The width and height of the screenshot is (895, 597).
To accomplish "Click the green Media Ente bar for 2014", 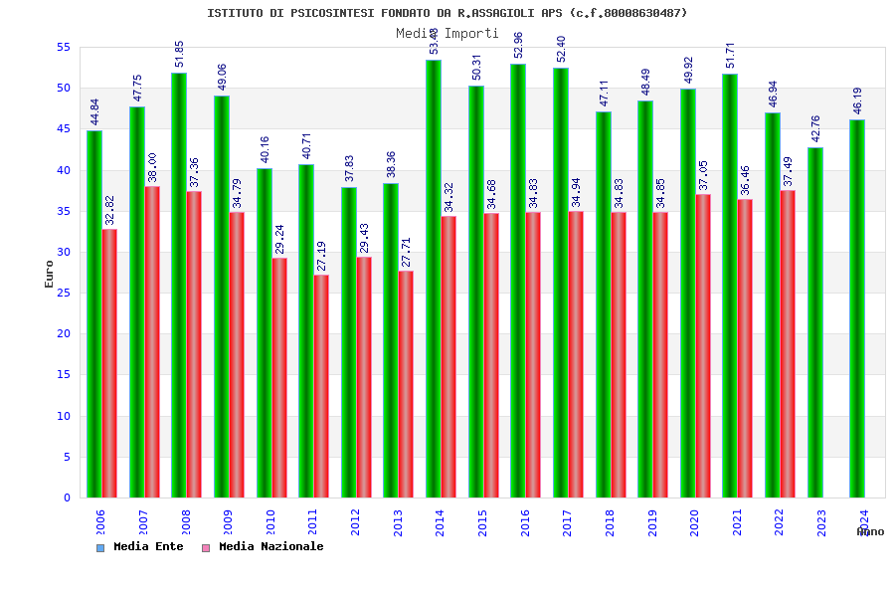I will (434, 279).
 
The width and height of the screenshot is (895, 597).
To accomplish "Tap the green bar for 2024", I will (857, 308).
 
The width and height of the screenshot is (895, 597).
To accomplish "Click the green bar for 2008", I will (179, 285).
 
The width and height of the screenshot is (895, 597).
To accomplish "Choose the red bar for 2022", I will (788, 343).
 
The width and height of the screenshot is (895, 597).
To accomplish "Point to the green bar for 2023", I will (815, 322).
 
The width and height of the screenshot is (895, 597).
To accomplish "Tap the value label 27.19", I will (321, 256).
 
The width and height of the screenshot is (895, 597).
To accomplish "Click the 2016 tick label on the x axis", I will (525, 522).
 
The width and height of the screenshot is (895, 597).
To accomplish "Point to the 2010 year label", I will (270, 522).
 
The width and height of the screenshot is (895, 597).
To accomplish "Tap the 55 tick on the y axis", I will (63, 47).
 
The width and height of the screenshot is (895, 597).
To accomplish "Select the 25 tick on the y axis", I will (63, 293).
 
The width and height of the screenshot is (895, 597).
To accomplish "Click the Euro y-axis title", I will (50, 274).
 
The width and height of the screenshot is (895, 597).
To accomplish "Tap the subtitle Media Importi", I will (447, 33).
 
